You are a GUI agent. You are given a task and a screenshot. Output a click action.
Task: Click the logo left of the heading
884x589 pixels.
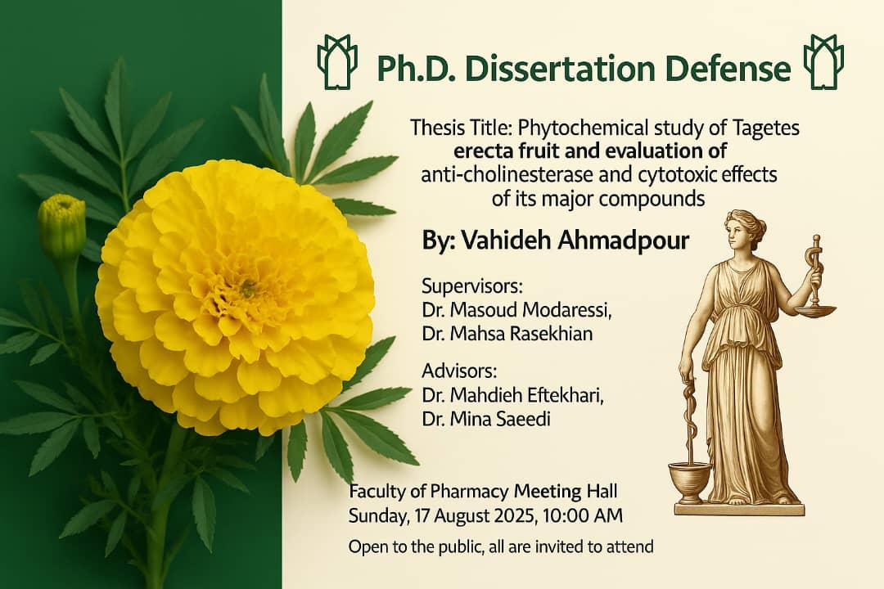[337, 61]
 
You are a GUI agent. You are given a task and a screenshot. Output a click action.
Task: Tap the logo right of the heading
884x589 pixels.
[823, 61]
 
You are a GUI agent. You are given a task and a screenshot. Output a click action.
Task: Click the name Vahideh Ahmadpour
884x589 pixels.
[575, 241]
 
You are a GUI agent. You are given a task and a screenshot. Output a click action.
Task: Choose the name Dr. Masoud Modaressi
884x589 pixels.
[517, 310]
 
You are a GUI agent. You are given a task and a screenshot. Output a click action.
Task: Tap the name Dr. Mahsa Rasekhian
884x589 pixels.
[507, 334]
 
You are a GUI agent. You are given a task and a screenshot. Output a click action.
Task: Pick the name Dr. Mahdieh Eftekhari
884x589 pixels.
[513, 395]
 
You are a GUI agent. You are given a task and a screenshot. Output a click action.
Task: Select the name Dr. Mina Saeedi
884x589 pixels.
[486, 419]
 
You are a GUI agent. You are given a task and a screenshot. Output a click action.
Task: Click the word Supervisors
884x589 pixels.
[472, 286]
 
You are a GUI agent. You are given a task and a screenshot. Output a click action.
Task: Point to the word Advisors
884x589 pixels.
[459, 371]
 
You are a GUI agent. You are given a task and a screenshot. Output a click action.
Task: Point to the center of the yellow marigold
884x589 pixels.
[246, 289]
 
